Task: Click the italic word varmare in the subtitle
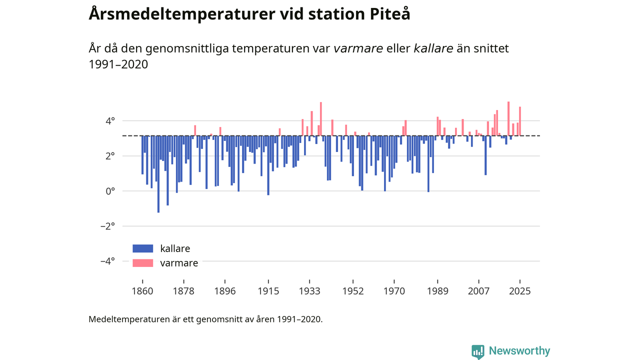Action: [358, 48]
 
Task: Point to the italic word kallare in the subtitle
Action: [433, 48]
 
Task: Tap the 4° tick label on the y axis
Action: [110, 121]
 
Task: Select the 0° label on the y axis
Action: [110, 191]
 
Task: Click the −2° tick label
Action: [107, 226]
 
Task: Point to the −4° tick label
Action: [107, 261]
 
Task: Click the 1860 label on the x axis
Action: [142, 290]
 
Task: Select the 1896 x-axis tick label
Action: [224, 290]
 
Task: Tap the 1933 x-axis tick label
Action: [309, 290]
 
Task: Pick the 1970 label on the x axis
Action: [394, 290]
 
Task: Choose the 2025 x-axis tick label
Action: [520, 290]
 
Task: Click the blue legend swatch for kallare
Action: [142, 248]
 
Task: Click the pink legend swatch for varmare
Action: [142, 263]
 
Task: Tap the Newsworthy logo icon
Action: [478, 351]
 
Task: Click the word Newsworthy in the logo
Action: [519, 351]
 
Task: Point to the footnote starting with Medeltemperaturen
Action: [205, 319]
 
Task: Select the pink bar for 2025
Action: [520, 121]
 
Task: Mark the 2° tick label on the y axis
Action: [110, 156]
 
